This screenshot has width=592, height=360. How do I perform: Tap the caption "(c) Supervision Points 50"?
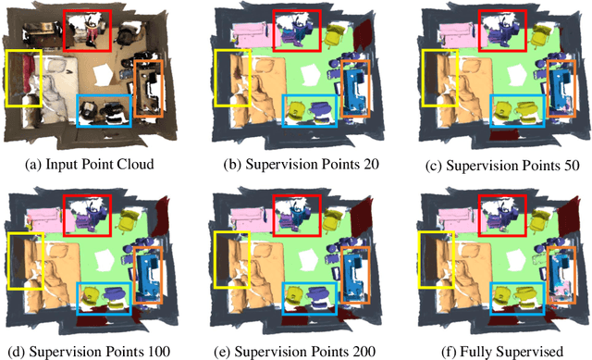(496, 167)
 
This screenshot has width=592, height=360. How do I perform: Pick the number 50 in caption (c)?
(568, 167)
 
